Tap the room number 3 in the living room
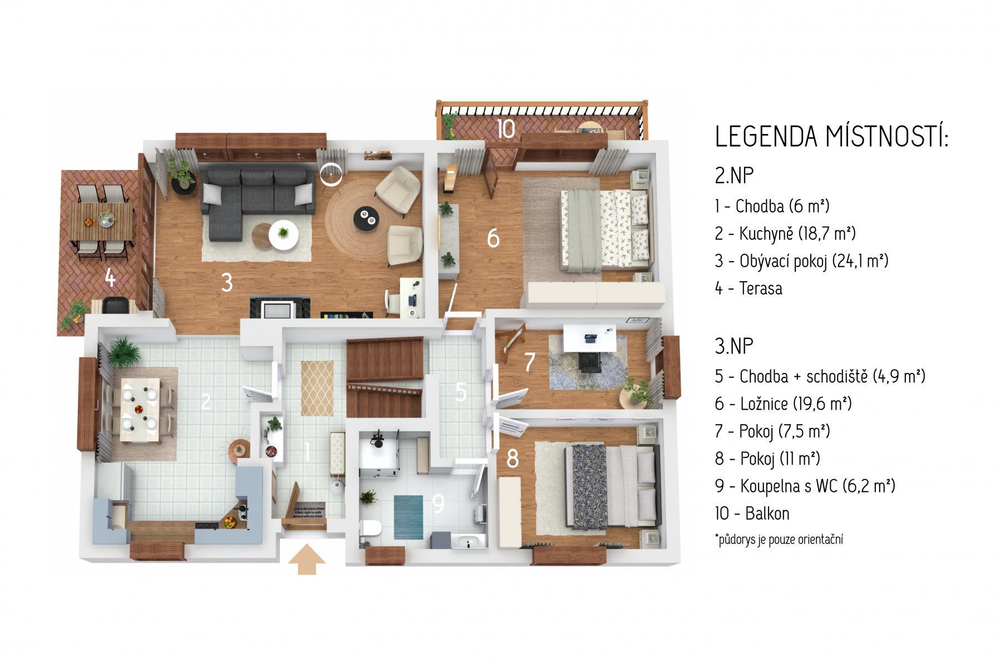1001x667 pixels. click(x=226, y=283)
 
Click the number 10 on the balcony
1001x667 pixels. click(x=506, y=129)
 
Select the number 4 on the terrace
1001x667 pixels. click(x=110, y=278)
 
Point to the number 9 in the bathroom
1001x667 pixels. click(x=438, y=504)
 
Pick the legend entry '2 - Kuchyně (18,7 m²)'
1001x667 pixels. click(x=785, y=233)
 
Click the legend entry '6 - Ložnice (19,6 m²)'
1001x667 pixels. click(x=784, y=404)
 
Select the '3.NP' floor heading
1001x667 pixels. click(x=734, y=346)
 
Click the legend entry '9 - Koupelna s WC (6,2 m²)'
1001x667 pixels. click(x=805, y=486)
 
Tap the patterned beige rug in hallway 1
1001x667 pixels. click(x=318, y=388)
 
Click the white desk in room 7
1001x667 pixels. click(x=589, y=337)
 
